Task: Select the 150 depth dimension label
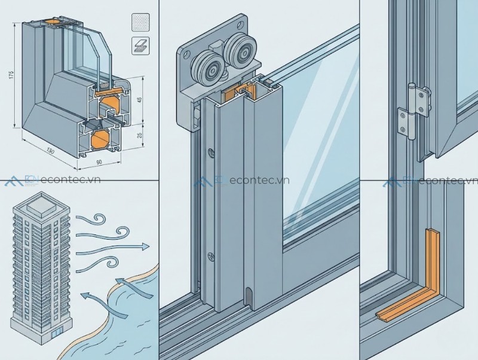point(51,151)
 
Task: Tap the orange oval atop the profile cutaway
point(52,22)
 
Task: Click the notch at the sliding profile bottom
point(249,295)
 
